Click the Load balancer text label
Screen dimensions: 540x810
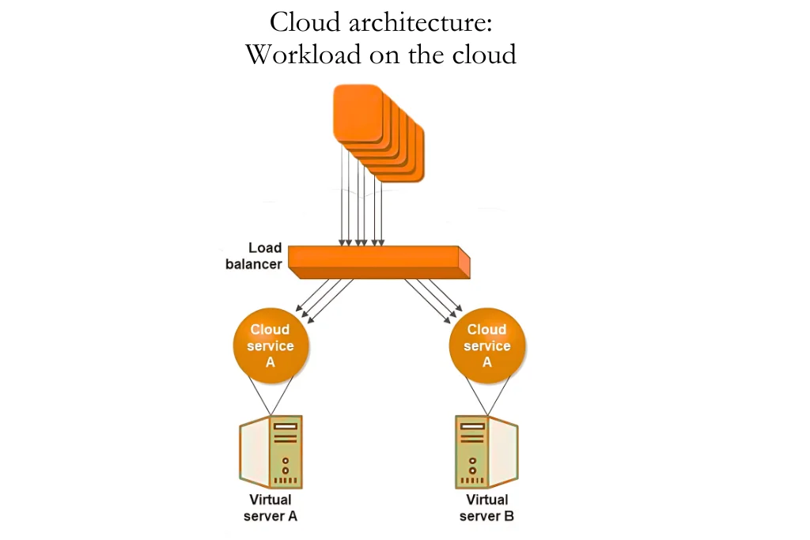(254, 256)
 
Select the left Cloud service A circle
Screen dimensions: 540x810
(271, 346)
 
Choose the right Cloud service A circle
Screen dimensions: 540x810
(487, 346)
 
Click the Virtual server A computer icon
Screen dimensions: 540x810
(271, 452)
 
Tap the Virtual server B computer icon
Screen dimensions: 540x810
(486, 452)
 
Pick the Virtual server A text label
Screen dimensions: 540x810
(271, 508)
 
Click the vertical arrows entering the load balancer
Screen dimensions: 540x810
(361, 210)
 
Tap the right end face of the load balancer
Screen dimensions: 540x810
(464, 262)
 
